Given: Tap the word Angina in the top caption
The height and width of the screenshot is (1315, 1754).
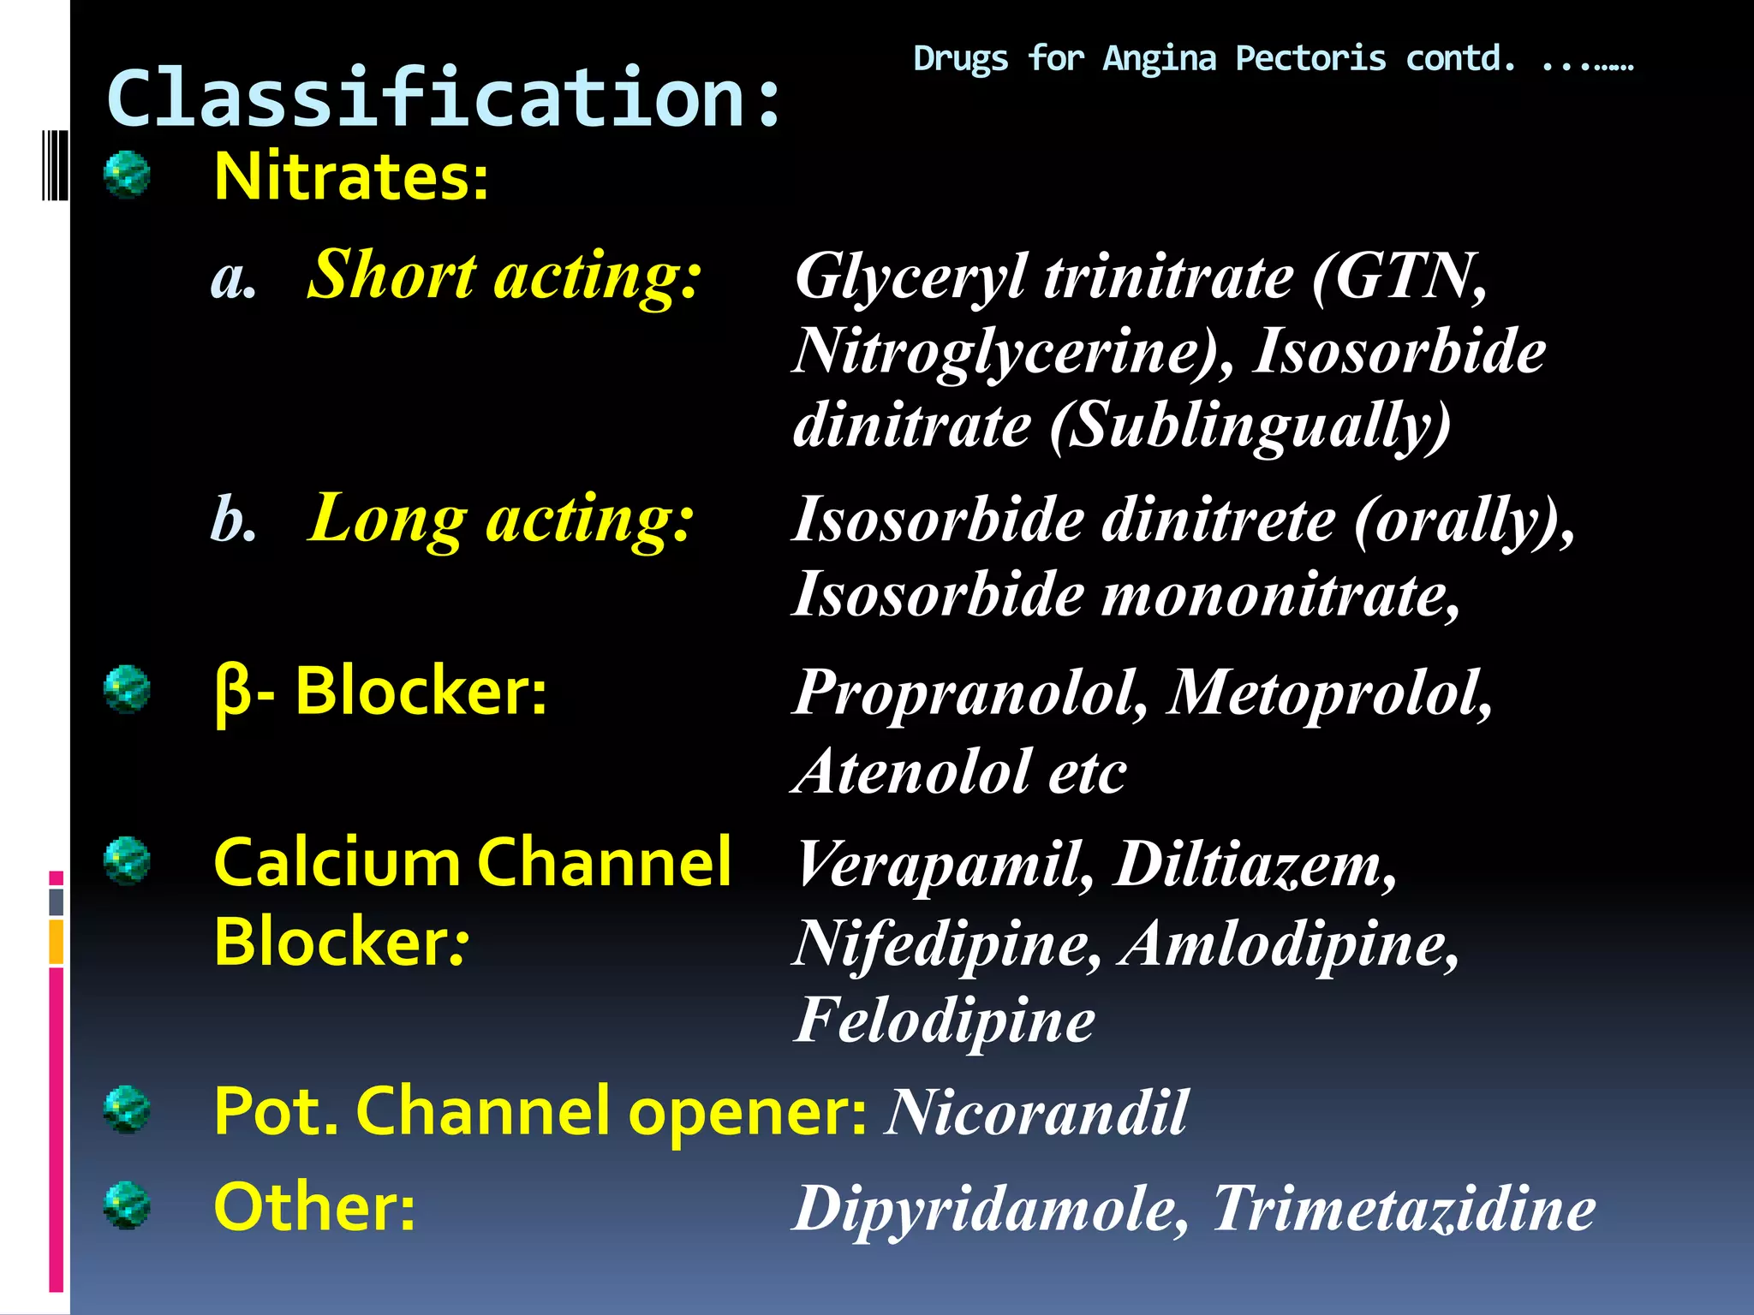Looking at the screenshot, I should tap(1159, 59).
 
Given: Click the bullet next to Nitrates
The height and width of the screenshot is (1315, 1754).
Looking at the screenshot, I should tap(127, 175).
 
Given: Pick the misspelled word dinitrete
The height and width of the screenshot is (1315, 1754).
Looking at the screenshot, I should tap(1217, 520).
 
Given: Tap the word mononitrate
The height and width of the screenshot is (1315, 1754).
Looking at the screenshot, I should tap(1280, 594).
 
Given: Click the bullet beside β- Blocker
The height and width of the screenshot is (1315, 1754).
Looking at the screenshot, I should tap(127, 689).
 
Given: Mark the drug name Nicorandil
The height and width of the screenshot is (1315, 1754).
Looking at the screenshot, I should tap(1037, 1112).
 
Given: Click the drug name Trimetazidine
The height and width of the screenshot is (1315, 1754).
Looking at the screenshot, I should tap(1405, 1208).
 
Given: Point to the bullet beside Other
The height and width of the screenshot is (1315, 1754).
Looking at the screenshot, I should tap(127, 1205).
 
